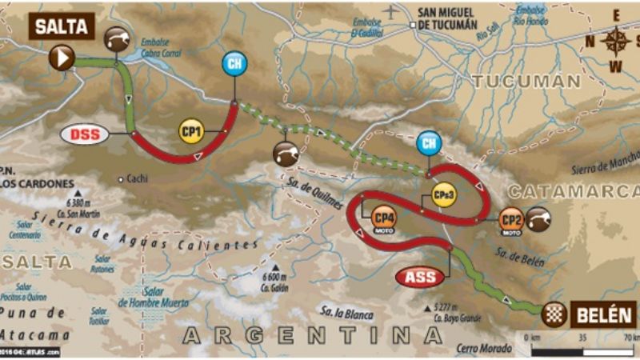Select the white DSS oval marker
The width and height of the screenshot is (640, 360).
click(85, 134)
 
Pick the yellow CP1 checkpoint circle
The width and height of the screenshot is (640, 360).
click(190, 132)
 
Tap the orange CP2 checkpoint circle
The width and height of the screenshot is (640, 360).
click(511, 218)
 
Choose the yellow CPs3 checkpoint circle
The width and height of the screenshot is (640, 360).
click(442, 194)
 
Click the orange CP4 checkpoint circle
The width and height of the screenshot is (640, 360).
click(382, 214)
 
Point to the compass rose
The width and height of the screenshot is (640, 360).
click(615, 41)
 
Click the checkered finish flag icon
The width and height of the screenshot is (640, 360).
click(554, 315)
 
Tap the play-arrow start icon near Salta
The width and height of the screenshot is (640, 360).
click(62, 57)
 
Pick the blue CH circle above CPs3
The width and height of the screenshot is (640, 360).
click(429, 143)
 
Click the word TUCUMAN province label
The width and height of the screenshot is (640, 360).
click(526, 81)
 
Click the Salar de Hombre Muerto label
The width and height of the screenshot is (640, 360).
click(153, 298)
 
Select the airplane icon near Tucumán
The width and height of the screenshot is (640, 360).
click(390, 12)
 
